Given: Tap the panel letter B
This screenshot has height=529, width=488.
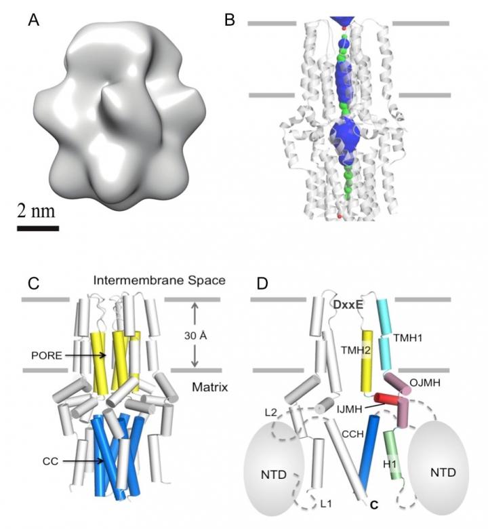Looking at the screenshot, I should (230, 21).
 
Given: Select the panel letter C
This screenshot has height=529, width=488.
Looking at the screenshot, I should (33, 282).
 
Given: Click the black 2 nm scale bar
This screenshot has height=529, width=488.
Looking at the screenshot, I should (37, 227).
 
